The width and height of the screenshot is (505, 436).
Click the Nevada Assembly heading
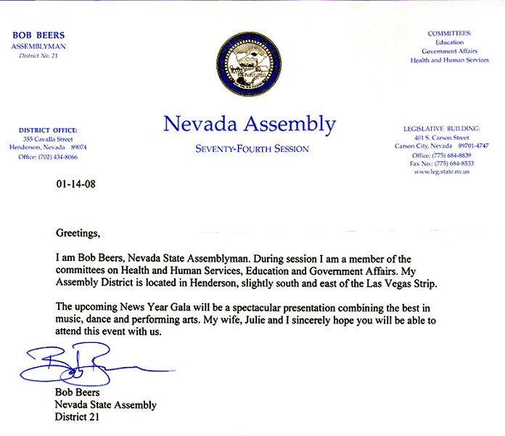coord(250,124)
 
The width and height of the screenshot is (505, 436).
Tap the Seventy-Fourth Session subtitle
coord(252,149)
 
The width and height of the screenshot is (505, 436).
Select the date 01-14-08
coord(75,184)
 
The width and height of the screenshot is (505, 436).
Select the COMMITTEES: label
coord(450,33)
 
